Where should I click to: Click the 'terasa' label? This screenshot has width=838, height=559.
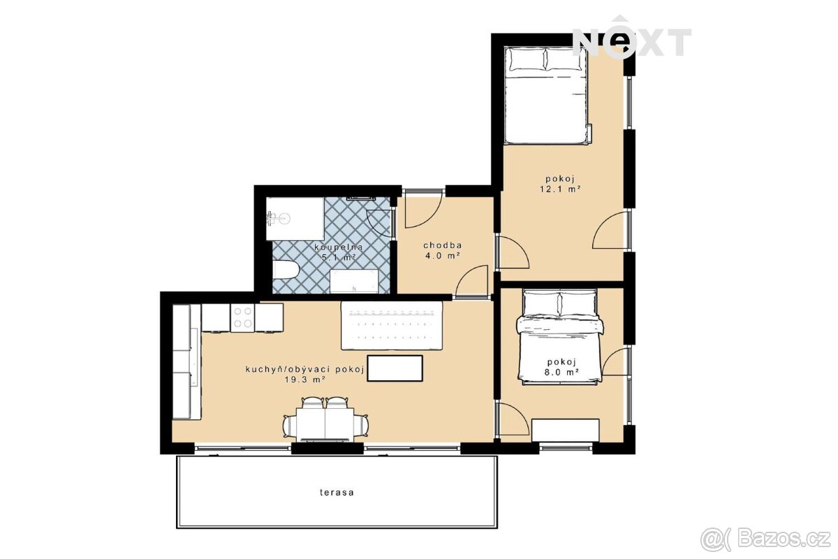(337, 492)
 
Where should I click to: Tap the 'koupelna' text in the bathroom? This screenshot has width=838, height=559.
(339, 247)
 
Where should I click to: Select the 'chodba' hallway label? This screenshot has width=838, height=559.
(443, 246)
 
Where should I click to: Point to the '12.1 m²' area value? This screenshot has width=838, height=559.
(559, 189)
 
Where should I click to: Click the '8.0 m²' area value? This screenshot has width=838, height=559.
(563, 372)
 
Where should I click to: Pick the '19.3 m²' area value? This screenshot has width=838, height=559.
(304, 379)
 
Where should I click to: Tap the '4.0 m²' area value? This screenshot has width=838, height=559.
(442, 256)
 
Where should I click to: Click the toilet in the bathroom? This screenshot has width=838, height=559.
(285, 270)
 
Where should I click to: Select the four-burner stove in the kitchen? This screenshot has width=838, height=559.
(242, 318)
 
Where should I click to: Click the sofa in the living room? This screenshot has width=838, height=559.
(392, 326)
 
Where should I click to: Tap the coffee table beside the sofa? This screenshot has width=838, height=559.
(395, 368)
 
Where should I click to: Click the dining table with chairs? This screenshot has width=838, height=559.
(325, 420)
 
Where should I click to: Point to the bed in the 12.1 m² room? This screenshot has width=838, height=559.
(547, 96)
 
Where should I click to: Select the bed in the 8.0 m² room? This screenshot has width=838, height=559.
(560, 337)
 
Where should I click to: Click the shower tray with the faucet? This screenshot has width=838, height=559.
(295, 219)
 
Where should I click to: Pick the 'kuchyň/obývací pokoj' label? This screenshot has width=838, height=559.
(305, 370)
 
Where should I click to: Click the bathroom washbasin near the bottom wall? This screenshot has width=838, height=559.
(354, 281)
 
